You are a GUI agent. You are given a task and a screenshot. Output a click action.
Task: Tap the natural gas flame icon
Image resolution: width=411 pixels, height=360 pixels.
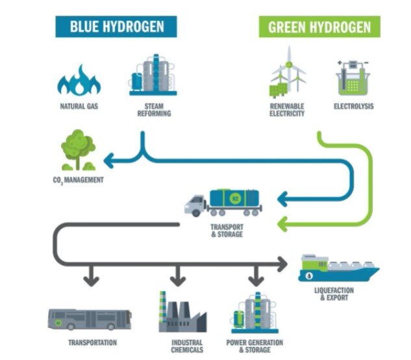79,79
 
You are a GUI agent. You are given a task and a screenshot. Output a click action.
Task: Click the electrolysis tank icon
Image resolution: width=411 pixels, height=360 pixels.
353,78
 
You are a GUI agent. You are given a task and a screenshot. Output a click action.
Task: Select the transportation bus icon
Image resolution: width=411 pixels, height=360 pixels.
90,318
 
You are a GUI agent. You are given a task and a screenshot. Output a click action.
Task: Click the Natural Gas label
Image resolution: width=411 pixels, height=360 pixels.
79,107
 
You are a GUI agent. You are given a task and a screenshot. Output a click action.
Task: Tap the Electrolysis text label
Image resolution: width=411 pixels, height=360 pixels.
354,107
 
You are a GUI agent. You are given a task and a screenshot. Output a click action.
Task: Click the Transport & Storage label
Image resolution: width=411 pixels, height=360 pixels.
227,230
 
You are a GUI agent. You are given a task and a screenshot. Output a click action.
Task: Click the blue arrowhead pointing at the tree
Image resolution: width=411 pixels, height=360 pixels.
110,159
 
